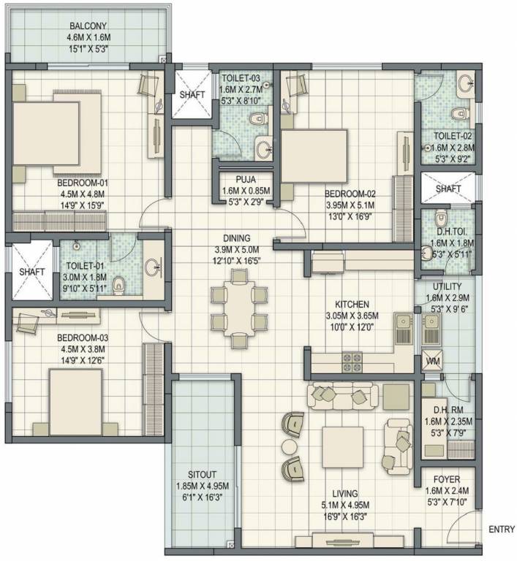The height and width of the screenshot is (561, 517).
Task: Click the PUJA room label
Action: [245, 179]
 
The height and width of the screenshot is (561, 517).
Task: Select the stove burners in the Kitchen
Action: [352, 359]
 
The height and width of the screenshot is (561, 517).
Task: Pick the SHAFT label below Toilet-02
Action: [448, 189]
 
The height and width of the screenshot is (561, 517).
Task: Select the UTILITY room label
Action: [446, 287]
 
